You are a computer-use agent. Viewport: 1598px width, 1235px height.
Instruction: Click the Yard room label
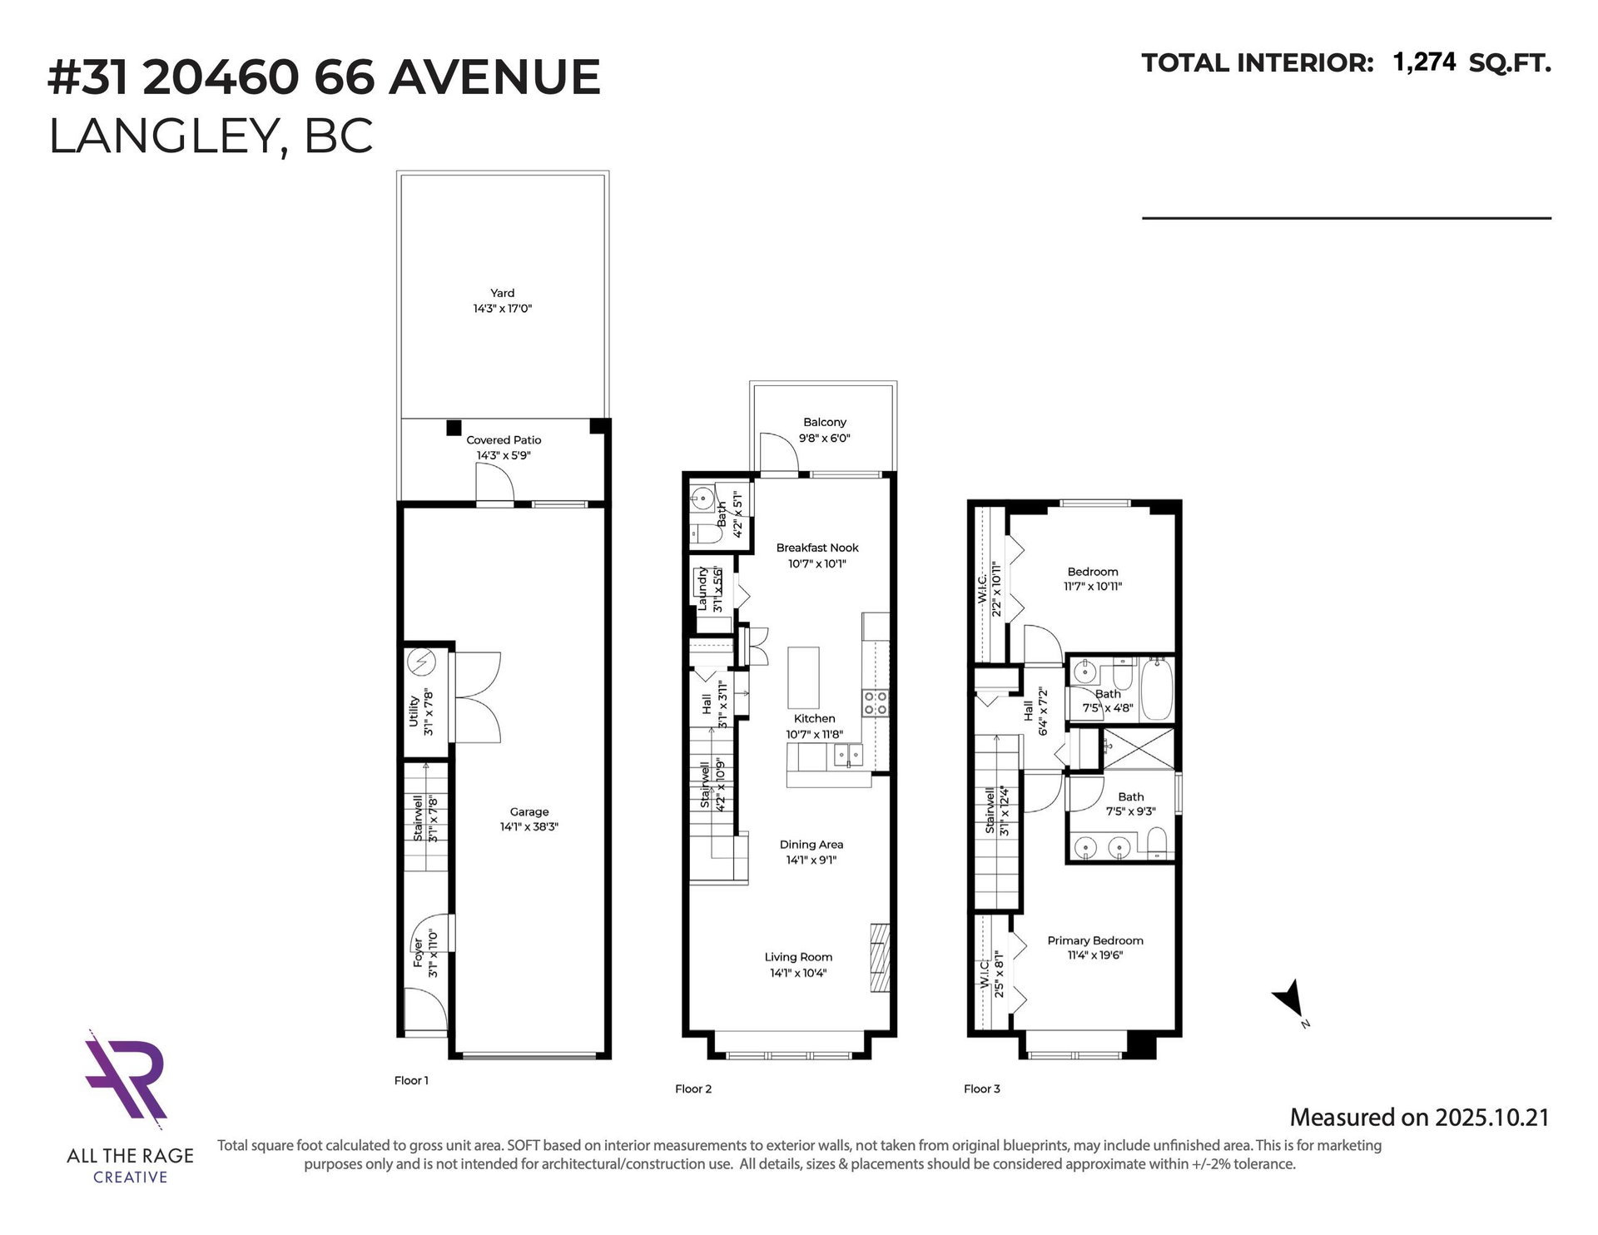click(x=502, y=293)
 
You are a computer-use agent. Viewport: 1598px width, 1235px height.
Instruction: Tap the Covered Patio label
click(x=504, y=440)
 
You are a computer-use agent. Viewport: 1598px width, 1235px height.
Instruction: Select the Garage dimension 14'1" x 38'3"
click(x=529, y=827)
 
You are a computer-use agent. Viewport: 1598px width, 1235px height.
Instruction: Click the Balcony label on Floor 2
click(x=825, y=422)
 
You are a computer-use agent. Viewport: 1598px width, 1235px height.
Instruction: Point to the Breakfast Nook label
click(x=817, y=548)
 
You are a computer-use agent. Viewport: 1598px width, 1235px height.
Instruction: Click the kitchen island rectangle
click(x=804, y=677)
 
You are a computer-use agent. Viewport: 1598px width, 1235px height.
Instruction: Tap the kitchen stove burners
click(x=876, y=702)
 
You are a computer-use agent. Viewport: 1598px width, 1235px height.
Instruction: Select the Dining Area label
click(x=811, y=845)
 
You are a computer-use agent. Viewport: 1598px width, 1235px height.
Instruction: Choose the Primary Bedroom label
click(x=1095, y=940)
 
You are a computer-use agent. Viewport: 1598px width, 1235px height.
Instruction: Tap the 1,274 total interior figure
click(x=1424, y=62)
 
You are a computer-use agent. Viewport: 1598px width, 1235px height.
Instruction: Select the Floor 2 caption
click(x=693, y=1089)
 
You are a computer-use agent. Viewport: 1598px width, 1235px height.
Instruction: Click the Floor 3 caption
click(x=982, y=1089)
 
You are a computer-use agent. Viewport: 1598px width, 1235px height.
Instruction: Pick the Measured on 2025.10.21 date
click(x=1419, y=1117)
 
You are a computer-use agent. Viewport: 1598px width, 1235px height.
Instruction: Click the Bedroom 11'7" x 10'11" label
click(x=1093, y=579)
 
